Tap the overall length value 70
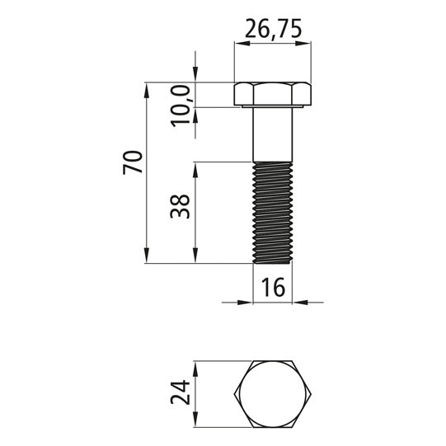click(x=133, y=162)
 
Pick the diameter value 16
click(x=272, y=288)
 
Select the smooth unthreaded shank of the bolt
click(x=272, y=134)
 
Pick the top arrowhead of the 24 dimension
click(x=195, y=366)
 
